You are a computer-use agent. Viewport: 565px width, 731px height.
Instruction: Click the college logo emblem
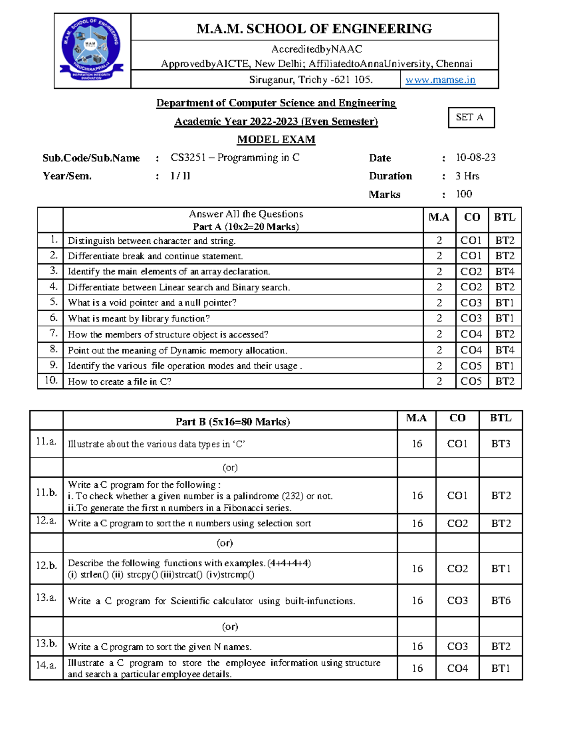coord(92,50)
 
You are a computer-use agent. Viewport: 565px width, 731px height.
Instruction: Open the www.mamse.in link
coord(440,80)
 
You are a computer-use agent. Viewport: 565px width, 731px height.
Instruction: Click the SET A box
coord(471,117)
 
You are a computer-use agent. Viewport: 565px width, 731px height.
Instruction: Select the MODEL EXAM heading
coord(276,139)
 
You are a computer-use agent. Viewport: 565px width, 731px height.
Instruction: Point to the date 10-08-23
coord(476,158)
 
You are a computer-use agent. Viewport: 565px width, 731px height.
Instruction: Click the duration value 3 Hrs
coord(467,176)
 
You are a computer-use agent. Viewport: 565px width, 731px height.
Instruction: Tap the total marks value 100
coord(464,194)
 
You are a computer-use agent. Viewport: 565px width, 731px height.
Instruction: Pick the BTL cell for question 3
coord(505,272)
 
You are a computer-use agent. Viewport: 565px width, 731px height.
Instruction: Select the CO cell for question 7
coord(471,334)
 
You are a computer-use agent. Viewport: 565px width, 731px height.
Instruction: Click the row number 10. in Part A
coord(51,380)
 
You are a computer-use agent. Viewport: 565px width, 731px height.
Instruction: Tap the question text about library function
coord(139,319)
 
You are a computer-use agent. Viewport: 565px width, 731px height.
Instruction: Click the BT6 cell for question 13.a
coord(500,601)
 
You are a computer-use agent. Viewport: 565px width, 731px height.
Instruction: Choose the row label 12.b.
coord(46,565)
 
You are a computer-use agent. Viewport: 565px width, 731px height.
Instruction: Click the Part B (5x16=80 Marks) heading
coord(233,422)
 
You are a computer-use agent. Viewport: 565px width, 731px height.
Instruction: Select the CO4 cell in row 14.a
coord(457,668)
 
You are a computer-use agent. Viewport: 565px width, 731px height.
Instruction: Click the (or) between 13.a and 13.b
coord(230,627)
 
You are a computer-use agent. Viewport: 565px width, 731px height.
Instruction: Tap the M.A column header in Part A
coord(439,217)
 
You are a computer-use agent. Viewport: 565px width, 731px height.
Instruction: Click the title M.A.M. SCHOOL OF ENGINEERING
coord(314,29)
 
